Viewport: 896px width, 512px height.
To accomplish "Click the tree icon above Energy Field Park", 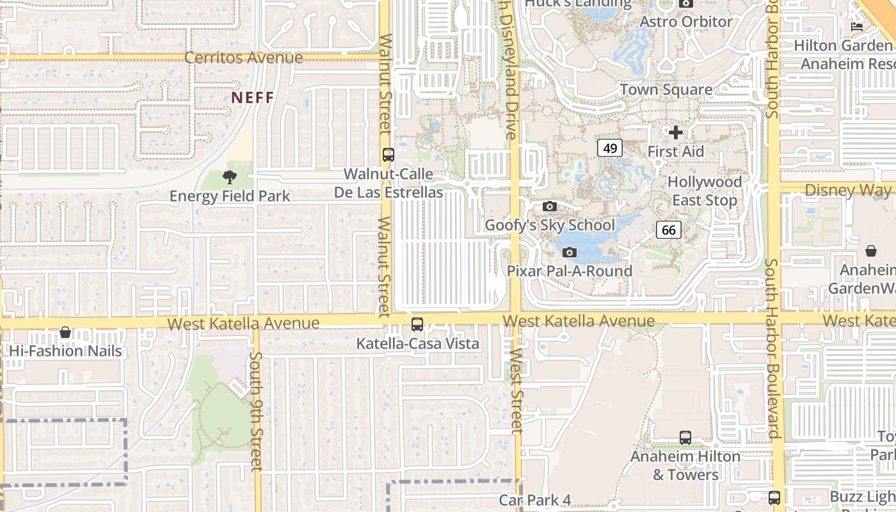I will [230, 177].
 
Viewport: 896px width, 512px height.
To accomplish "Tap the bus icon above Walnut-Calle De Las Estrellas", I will [388, 155].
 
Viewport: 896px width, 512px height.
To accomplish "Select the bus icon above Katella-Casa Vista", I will [417, 324].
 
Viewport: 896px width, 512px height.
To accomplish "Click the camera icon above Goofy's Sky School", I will [549, 206].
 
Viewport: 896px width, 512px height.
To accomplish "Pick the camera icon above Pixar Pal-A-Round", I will [569, 252].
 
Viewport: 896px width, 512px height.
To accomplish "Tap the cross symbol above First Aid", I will [675, 133].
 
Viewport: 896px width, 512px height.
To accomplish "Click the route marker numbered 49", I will [610, 148].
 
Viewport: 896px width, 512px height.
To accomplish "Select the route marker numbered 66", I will [668, 230].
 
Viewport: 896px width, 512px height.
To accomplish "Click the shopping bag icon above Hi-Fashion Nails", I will [65, 332].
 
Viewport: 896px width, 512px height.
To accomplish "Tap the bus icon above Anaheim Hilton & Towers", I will [685, 438].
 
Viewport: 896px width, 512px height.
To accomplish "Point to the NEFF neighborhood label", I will [252, 98].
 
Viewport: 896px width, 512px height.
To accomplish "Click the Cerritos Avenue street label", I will [243, 58].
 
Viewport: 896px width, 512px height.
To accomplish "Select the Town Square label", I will [666, 90].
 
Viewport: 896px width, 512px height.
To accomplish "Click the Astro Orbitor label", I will [686, 22].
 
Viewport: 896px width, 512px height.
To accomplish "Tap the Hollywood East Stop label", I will [705, 191].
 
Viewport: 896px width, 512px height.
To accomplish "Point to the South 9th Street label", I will [256, 411].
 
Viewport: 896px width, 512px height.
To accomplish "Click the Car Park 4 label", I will [535, 500].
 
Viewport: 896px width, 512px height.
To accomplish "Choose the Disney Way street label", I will [847, 190].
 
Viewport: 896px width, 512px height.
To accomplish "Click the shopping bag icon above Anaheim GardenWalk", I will [870, 251].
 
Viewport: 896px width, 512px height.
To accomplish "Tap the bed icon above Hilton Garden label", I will [857, 26].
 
